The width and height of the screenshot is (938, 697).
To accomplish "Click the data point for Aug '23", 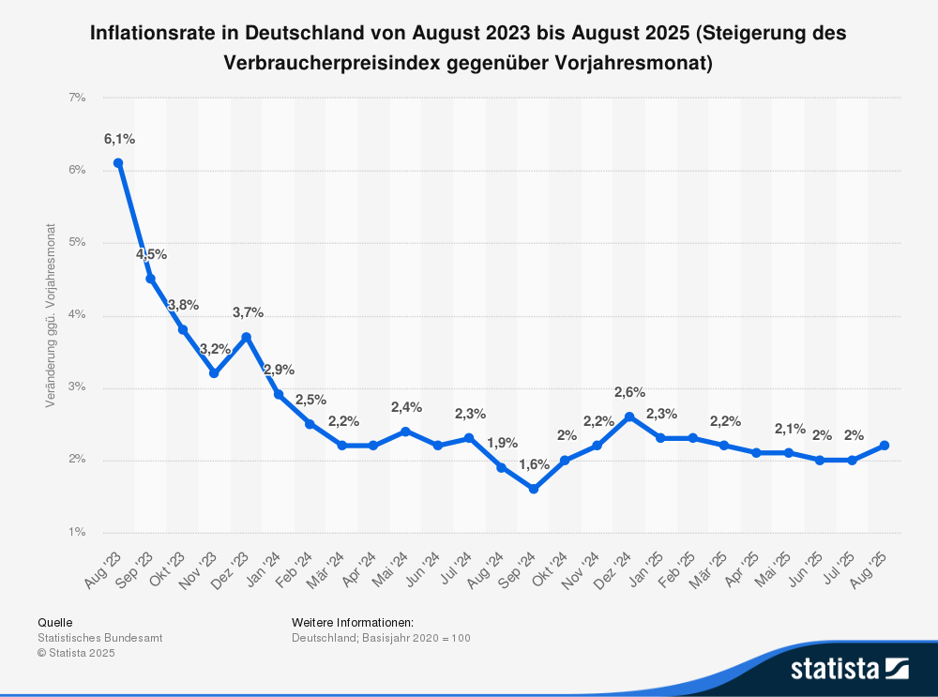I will (x=118, y=162).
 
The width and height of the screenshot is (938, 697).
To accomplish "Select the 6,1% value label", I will (x=119, y=139).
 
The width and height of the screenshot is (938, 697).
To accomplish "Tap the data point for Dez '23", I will (x=246, y=337).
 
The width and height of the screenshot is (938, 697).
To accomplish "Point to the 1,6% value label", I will (x=534, y=465).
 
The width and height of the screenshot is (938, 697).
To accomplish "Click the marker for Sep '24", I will (x=533, y=489).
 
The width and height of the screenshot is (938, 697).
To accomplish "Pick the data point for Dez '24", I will (x=629, y=417).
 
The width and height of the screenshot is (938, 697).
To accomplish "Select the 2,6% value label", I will (x=629, y=392).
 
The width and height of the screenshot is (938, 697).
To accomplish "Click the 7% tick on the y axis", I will (x=77, y=98).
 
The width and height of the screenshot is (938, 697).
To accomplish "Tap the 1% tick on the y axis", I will (x=77, y=532).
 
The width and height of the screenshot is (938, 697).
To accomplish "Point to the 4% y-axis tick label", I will (x=77, y=315).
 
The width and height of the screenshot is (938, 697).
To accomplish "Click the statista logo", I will (x=849, y=668).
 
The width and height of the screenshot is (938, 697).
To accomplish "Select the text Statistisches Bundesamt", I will (x=100, y=638).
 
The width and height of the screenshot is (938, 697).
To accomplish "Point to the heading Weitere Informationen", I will (x=353, y=622).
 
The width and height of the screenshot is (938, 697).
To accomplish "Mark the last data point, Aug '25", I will (x=885, y=446).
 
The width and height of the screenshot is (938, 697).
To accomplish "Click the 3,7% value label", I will (x=248, y=312).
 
